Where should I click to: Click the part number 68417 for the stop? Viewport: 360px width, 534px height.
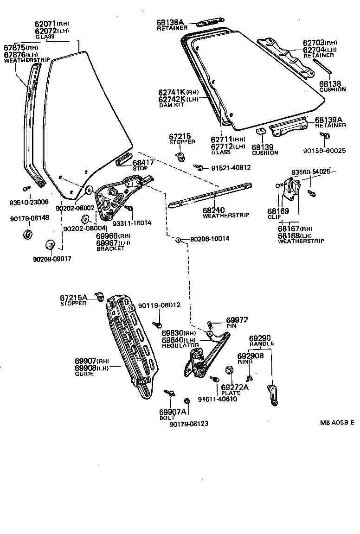tap(143, 162)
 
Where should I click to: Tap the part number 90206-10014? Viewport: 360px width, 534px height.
tap(209, 239)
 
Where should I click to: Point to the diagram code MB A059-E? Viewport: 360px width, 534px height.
tap(336, 422)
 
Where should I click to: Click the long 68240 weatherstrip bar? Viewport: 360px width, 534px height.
tap(211, 195)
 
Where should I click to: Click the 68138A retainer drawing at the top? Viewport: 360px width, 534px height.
tap(210, 22)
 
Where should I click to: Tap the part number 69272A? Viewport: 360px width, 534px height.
tap(235, 387)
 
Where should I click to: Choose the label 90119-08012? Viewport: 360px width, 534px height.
tap(159, 305)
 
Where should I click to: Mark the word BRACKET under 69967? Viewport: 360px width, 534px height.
tap(110, 249)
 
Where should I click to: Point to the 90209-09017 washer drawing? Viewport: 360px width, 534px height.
tap(49, 245)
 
